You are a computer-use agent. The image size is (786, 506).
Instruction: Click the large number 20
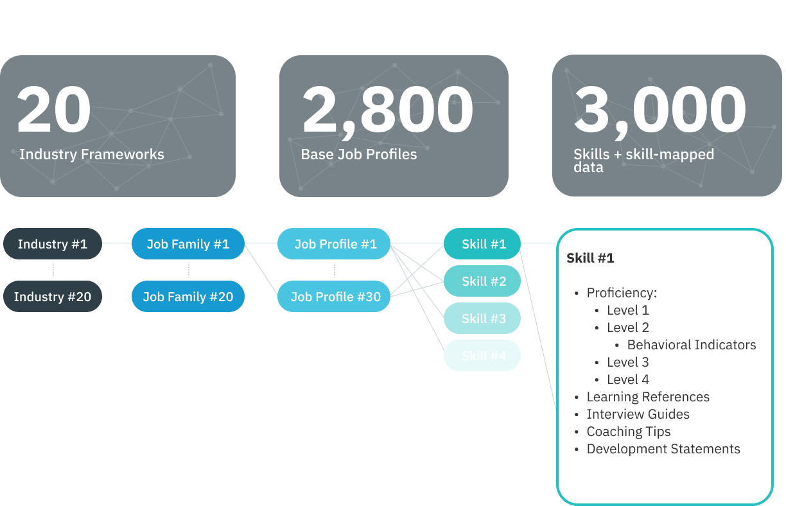click(54, 110)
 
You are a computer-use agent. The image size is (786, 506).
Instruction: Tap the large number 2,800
click(387, 110)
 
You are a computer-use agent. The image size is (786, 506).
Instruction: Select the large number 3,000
click(659, 110)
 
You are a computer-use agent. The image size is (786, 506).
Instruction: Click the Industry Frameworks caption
click(91, 155)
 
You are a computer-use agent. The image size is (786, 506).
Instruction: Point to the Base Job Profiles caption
click(358, 155)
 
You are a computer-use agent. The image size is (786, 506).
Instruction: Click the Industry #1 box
click(52, 244)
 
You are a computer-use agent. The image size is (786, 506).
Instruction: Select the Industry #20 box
click(52, 297)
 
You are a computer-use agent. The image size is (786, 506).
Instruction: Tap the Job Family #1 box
click(188, 244)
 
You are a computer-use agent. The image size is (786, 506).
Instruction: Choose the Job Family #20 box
click(188, 297)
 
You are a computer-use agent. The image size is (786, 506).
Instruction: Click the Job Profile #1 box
click(334, 244)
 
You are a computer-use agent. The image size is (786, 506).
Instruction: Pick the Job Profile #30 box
click(334, 297)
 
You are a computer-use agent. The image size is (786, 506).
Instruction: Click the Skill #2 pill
click(482, 281)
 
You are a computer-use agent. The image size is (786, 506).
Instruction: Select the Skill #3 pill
click(482, 318)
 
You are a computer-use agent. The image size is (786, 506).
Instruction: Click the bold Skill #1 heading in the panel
click(590, 258)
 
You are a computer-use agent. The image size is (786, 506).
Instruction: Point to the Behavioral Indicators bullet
click(691, 345)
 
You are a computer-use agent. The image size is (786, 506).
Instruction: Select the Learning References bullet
click(647, 397)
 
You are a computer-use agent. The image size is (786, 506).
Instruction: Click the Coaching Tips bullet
click(628, 432)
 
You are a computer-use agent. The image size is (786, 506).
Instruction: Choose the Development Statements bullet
click(663, 449)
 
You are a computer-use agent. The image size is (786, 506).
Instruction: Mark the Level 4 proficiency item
click(627, 379)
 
